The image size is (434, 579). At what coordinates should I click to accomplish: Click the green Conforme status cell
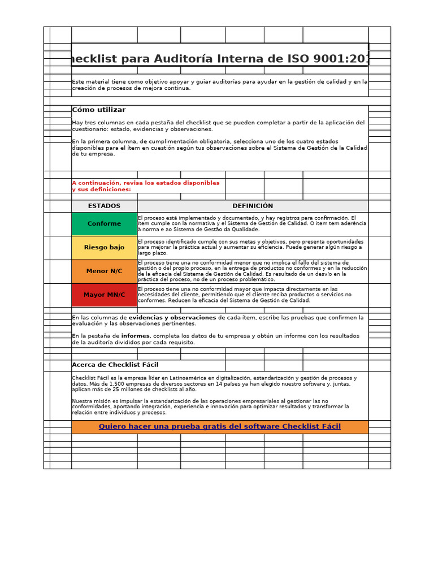tap(104, 224)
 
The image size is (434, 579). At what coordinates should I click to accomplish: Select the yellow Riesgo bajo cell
tap(104, 248)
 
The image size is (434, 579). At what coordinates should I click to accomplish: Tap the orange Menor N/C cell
tap(104, 271)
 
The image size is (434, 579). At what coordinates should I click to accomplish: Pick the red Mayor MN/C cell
tap(104, 295)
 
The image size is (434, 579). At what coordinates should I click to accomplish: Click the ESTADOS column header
tap(104, 206)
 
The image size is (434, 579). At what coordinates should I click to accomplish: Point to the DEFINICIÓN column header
tap(253, 206)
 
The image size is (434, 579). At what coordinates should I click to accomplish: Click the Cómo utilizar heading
tap(99, 110)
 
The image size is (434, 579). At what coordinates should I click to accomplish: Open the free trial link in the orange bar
tap(220, 426)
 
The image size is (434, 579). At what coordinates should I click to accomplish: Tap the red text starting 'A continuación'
tap(145, 186)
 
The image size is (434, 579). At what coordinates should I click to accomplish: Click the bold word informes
tap(136, 336)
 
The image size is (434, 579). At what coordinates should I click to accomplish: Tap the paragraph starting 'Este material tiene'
tap(219, 85)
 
